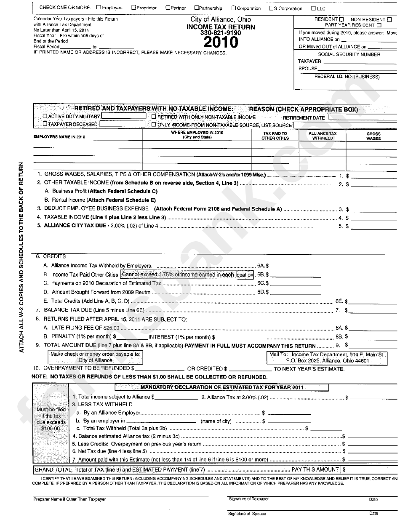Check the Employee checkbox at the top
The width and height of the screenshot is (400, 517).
pos(99,8)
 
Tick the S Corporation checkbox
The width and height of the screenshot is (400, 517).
pos(271,8)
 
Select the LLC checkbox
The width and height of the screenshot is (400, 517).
pos(313,8)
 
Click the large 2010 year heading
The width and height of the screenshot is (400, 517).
pos(221,42)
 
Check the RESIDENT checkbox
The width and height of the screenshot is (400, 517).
pos(341,19)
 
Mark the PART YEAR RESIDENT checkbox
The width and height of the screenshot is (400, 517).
pos(379,25)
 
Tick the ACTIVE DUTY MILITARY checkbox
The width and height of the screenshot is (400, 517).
pos(45,117)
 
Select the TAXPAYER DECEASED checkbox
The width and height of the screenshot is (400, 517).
pos(45,124)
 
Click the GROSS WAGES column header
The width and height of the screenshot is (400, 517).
pos(373,136)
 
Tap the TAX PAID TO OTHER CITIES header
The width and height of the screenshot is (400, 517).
pos(275,136)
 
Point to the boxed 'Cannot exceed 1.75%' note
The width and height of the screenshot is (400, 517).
pos(188,274)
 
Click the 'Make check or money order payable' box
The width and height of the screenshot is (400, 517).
pos(96,357)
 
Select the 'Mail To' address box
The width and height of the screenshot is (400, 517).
pos(327,357)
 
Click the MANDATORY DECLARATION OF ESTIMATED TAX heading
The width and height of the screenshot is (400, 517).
pos(222,387)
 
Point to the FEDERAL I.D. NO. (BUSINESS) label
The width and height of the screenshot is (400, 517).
pos(347,77)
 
